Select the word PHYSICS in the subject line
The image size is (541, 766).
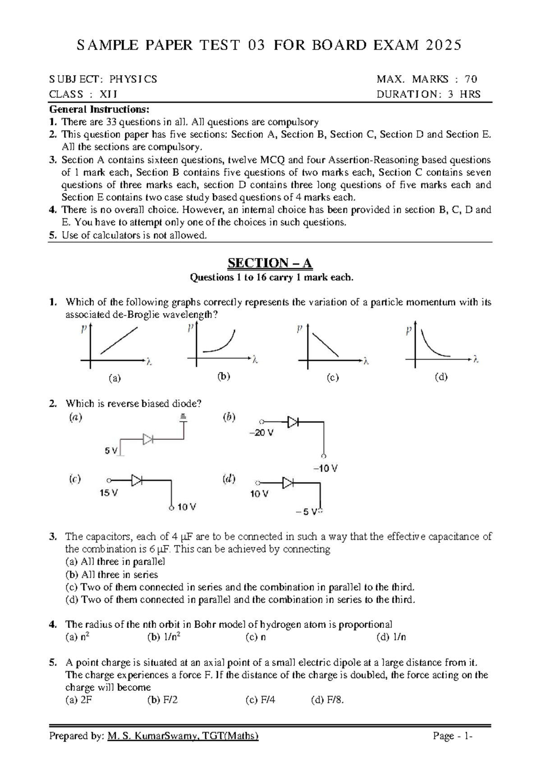tap(133, 79)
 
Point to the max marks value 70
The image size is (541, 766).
tap(471, 79)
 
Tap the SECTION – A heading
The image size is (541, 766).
tap(270, 263)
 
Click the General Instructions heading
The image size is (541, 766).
tap(99, 109)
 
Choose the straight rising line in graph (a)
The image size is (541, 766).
tap(119, 341)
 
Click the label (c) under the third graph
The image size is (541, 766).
tap(333, 378)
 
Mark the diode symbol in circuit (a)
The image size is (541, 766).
tap(148, 439)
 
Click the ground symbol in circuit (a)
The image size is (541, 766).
tap(183, 417)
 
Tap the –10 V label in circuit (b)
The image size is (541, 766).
tap(325, 469)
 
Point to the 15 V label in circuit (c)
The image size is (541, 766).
tap(108, 493)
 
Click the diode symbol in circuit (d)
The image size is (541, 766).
tap(288, 483)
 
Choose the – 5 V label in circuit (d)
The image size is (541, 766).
tap(307, 512)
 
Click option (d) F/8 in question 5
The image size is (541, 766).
tap(327, 700)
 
